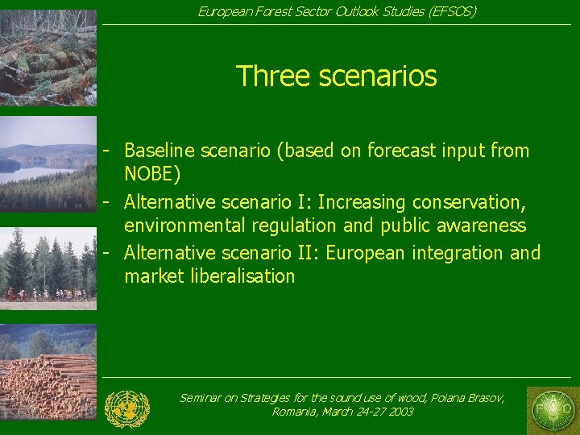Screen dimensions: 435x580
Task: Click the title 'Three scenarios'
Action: point(336,77)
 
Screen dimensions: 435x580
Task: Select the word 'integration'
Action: point(457,253)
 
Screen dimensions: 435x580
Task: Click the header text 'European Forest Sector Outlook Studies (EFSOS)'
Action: point(337,11)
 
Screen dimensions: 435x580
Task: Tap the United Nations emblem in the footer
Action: point(127,408)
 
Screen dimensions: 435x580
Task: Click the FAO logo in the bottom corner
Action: point(551,410)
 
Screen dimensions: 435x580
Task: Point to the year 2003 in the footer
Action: point(400,412)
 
